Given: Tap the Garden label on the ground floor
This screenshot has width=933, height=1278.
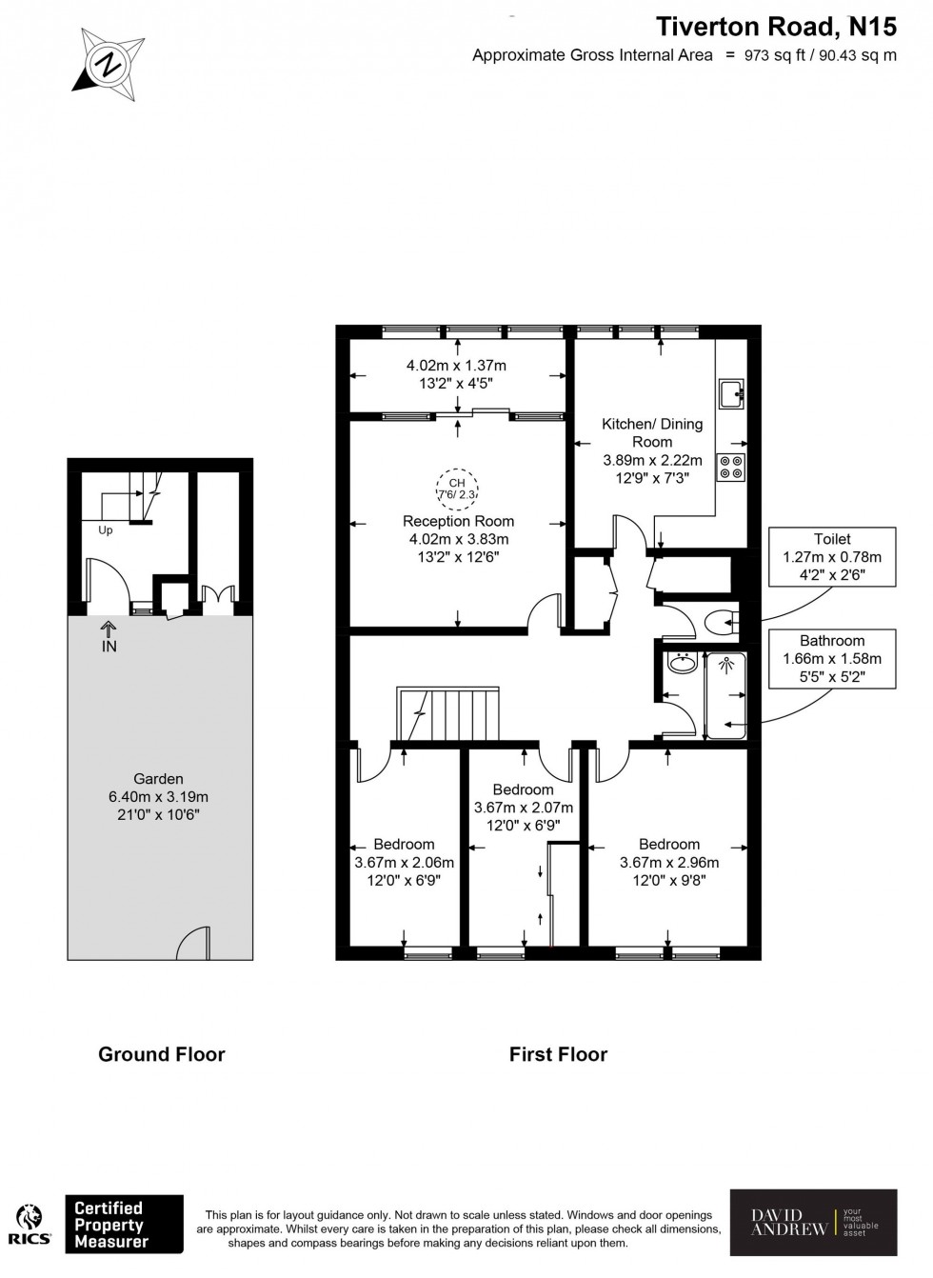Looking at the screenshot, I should coord(158,778).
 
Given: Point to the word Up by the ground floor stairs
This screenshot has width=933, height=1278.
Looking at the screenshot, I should coord(105,530).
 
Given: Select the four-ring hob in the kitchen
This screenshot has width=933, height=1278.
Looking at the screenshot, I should coord(731,467).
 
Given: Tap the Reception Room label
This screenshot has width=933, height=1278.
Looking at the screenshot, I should coord(458,521).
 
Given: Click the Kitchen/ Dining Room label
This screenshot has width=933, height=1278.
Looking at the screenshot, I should coord(652,432).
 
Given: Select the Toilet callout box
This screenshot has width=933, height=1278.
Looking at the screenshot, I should coord(832,557).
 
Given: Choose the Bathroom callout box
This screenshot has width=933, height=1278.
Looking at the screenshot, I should coord(832,659).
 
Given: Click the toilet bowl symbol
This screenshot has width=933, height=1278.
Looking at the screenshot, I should coord(721,624).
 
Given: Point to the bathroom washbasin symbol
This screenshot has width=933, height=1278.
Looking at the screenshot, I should coord(683,664).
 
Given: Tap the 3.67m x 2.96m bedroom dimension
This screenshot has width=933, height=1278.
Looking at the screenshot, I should coord(669,863).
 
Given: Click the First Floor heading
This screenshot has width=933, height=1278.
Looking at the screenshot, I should coord(558,1054).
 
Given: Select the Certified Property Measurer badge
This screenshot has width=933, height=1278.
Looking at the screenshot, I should coord(123,1224).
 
